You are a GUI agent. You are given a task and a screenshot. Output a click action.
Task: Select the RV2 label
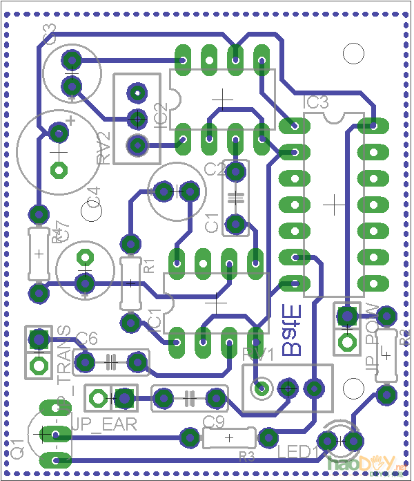coord(104,147)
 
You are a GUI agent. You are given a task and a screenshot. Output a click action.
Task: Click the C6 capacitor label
coord(87,339)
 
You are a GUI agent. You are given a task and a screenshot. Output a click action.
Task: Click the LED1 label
coord(297,453)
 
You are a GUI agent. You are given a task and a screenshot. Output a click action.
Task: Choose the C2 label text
coord(215,169)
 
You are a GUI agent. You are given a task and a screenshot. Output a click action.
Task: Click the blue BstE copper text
coord(293,331)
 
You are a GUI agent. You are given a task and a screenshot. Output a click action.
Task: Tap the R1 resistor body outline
coord(130,283)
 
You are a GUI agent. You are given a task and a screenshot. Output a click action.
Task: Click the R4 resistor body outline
coord(39,254)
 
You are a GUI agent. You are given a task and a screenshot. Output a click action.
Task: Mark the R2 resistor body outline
coord(386,355)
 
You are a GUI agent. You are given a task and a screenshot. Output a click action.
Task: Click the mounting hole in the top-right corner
coord(353,53)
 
